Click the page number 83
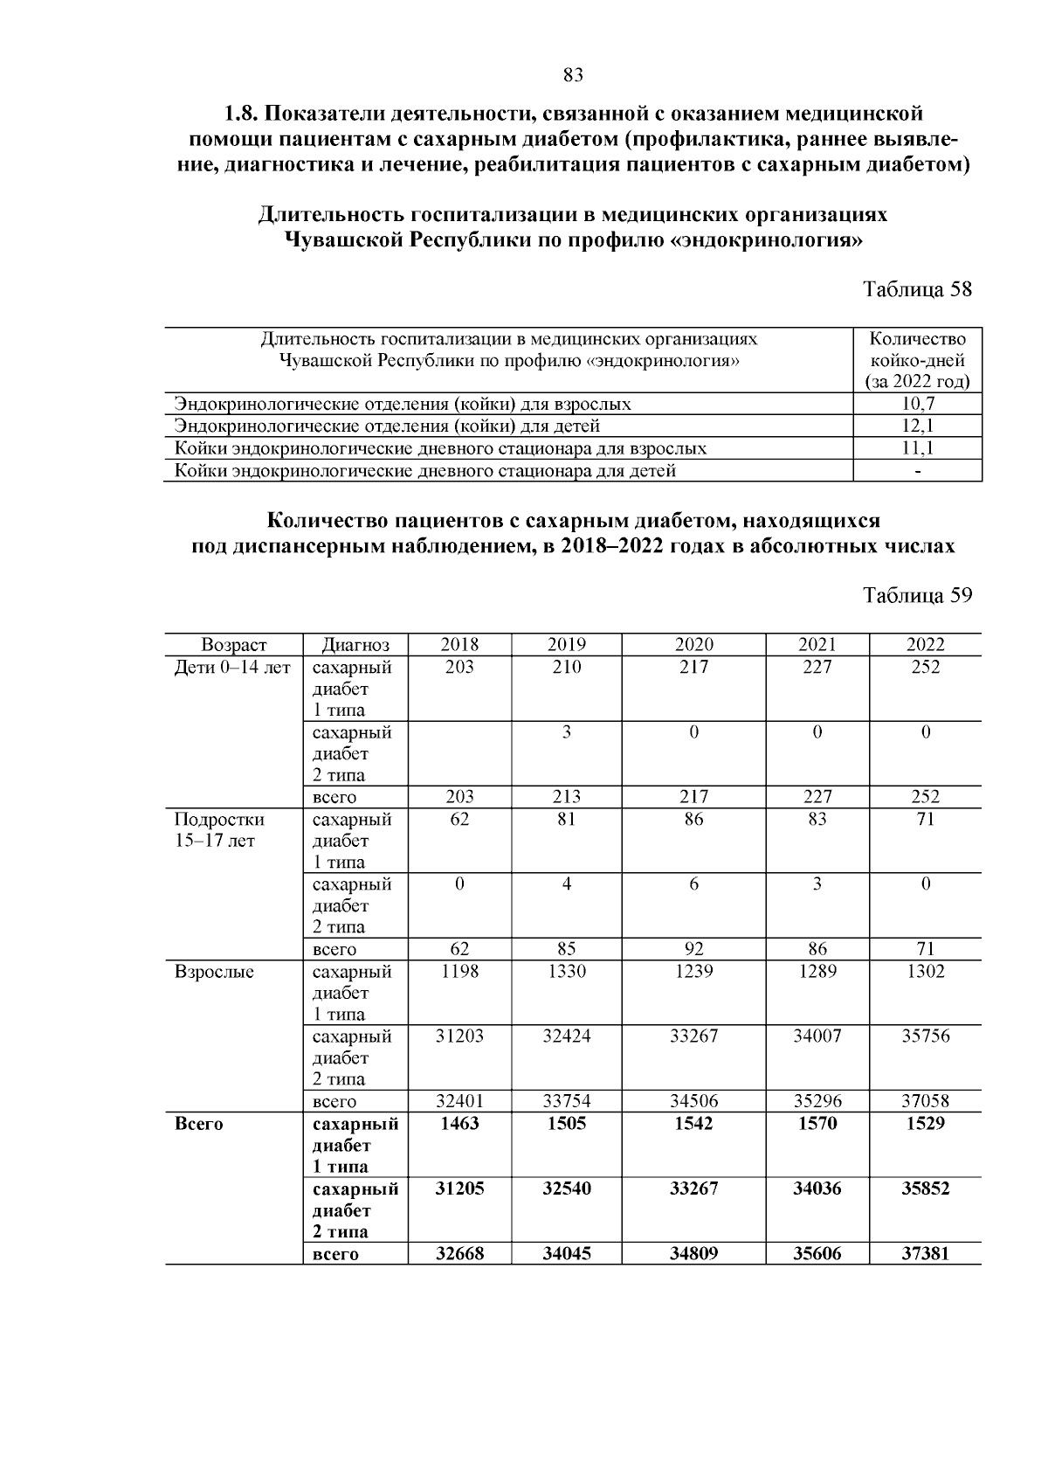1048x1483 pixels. (573, 75)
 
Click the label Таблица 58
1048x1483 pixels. (917, 289)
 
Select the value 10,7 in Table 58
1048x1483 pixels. (917, 404)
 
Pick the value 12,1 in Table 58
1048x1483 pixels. (917, 426)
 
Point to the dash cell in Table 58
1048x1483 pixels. (917, 471)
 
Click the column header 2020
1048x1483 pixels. (693, 645)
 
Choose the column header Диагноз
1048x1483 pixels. (355, 645)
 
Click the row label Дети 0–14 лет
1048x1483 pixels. (232, 668)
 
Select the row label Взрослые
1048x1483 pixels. (214, 972)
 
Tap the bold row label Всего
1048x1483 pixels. (199, 1124)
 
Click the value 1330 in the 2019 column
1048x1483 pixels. (566, 972)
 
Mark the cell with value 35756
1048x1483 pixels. (925, 1036)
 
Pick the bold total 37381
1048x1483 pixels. (925, 1254)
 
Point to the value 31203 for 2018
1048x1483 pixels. (459, 1036)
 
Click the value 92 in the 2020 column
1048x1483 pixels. (693, 949)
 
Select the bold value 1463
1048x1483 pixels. (459, 1124)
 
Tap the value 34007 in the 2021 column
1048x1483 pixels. (817, 1036)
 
